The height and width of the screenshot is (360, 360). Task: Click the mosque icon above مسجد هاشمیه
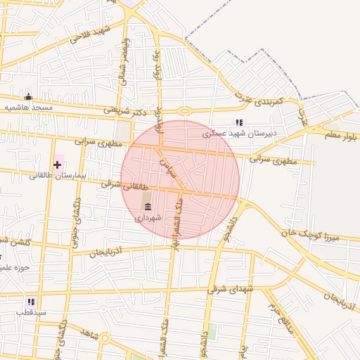(x=28, y=97)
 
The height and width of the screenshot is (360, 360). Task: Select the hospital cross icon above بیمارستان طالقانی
(x=57, y=165)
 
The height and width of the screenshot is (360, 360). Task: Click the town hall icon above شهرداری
(x=148, y=207)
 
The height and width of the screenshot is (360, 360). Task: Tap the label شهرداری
(x=148, y=217)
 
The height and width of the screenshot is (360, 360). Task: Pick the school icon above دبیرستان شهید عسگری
(x=239, y=122)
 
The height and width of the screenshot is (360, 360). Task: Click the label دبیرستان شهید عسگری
(x=240, y=133)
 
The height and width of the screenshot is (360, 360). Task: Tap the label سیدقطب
(x=31, y=311)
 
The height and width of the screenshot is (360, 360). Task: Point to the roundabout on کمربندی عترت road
(x=185, y=110)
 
